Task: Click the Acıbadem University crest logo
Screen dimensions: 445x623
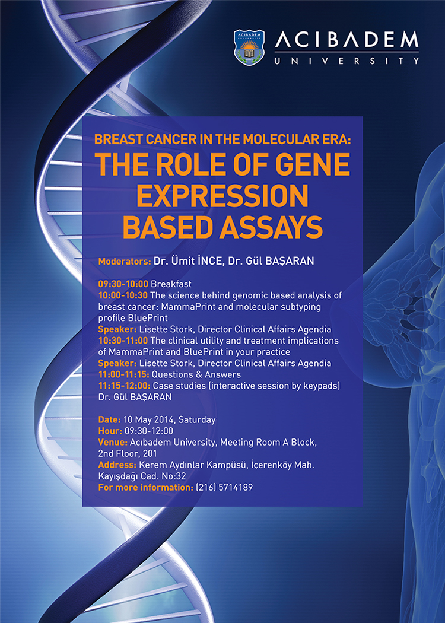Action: pos(249,47)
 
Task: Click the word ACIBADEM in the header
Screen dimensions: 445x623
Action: pos(347,41)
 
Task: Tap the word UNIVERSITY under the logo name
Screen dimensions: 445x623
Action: pos(347,61)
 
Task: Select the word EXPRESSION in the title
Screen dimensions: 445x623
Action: pos(223,196)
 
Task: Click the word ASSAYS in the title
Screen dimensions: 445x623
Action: pos(271,227)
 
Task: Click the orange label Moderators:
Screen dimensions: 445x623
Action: pos(125,262)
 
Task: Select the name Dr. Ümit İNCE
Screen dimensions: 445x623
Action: pos(189,261)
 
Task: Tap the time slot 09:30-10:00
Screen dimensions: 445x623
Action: pos(123,284)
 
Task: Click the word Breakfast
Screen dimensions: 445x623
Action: pos(171,284)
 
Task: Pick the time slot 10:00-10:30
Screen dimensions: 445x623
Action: pos(123,295)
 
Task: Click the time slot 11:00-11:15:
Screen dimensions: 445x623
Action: pos(123,374)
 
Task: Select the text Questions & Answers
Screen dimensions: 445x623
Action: pos(196,374)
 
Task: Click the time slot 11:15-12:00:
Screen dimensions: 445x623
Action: pos(124,386)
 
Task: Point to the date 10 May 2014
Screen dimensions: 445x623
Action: pos(149,419)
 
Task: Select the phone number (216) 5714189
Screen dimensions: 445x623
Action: pos(224,487)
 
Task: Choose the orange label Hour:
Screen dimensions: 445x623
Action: pos(110,431)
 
